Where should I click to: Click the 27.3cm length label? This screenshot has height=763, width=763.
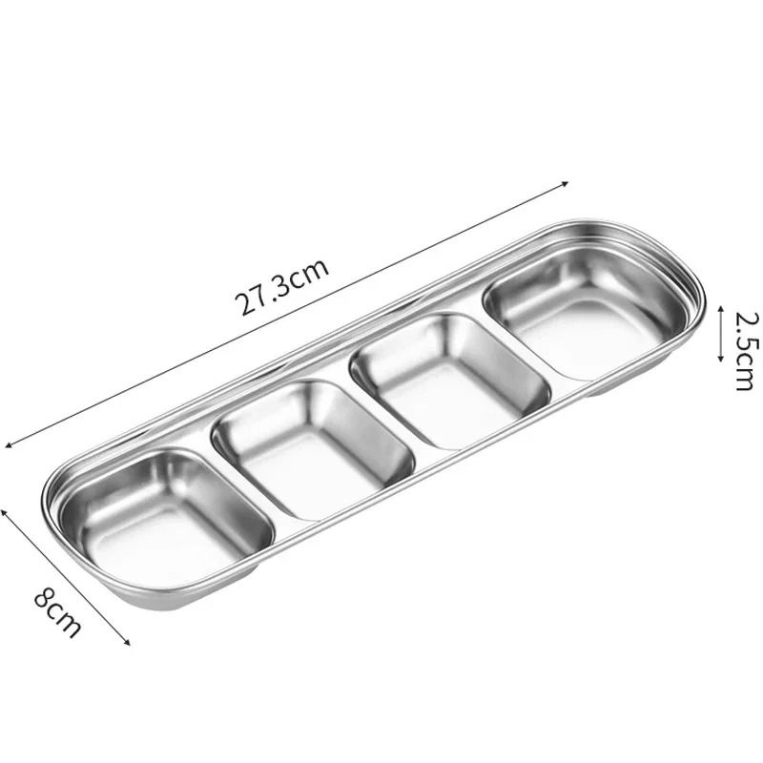click(x=283, y=285)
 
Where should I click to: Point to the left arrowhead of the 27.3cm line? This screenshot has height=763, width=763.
click(x=9, y=443)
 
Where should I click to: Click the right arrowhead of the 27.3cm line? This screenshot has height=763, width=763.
click(x=567, y=182)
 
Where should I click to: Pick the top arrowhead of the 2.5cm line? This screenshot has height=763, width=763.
click(x=722, y=308)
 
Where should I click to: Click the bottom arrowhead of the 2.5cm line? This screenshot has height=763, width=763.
click(x=722, y=361)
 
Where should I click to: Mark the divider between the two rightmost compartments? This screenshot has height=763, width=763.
click(x=515, y=349)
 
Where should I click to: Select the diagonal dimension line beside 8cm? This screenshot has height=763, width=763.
click(x=67, y=577)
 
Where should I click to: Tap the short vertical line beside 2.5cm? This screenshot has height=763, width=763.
click(x=722, y=334)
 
